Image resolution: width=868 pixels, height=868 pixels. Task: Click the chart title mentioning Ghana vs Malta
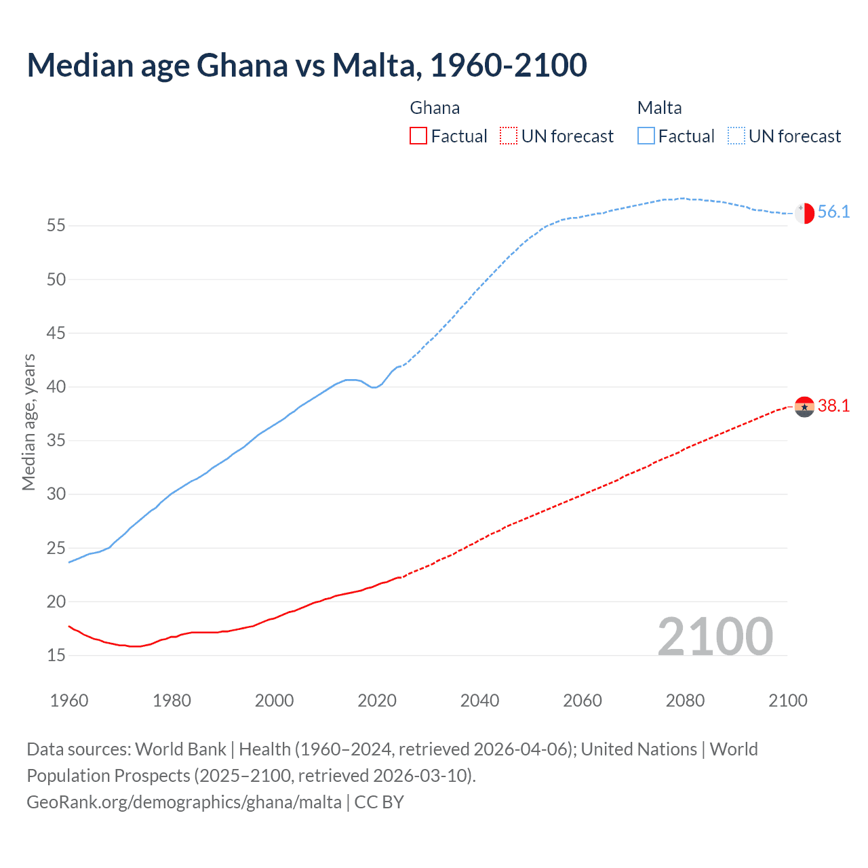[307, 66]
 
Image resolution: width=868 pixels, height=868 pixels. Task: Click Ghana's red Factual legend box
[418, 136]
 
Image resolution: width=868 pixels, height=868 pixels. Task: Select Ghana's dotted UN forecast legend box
[509, 136]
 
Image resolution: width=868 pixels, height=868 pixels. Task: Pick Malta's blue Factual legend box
[646, 136]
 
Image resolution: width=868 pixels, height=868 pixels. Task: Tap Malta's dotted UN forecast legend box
[736, 136]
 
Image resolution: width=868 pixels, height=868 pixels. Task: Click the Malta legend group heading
[659, 108]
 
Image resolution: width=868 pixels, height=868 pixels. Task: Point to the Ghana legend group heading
[435, 108]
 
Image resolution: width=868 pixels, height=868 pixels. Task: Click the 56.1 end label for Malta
[833, 212]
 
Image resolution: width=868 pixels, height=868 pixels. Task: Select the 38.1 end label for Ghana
[833, 406]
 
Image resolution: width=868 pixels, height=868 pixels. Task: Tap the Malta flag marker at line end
[804, 213]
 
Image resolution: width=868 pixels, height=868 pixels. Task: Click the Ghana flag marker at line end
[804, 407]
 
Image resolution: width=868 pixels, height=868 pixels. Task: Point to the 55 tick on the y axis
[56, 225]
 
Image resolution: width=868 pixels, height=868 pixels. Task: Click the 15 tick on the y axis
[56, 655]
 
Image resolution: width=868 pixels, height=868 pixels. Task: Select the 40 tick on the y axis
[56, 387]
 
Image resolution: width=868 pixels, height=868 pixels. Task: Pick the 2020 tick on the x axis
[377, 701]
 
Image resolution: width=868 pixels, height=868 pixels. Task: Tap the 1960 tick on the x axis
[69, 701]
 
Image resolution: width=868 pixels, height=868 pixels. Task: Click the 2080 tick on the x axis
[685, 701]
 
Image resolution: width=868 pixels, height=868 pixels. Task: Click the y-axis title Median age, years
[28, 422]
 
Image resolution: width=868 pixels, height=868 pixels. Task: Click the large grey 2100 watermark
[715, 636]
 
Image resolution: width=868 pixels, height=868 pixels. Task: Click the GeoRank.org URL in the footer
[184, 802]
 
